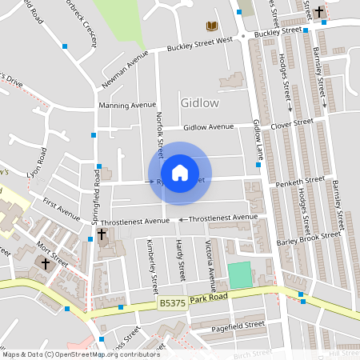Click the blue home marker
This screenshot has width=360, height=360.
click(x=180, y=173)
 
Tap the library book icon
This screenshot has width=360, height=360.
click(x=211, y=26)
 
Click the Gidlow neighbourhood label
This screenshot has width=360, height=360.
click(x=200, y=103)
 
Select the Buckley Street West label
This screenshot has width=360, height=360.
click(x=199, y=43)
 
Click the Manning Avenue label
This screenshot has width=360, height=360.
click(x=126, y=105)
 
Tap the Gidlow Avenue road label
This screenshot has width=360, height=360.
click(x=208, y=127)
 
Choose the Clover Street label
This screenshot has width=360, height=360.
click(x=291, y=123)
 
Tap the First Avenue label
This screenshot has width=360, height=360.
click(x=62, y=210)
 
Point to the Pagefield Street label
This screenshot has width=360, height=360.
click(x=238, y=326)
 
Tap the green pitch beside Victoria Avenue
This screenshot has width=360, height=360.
click(x=239, y=275)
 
